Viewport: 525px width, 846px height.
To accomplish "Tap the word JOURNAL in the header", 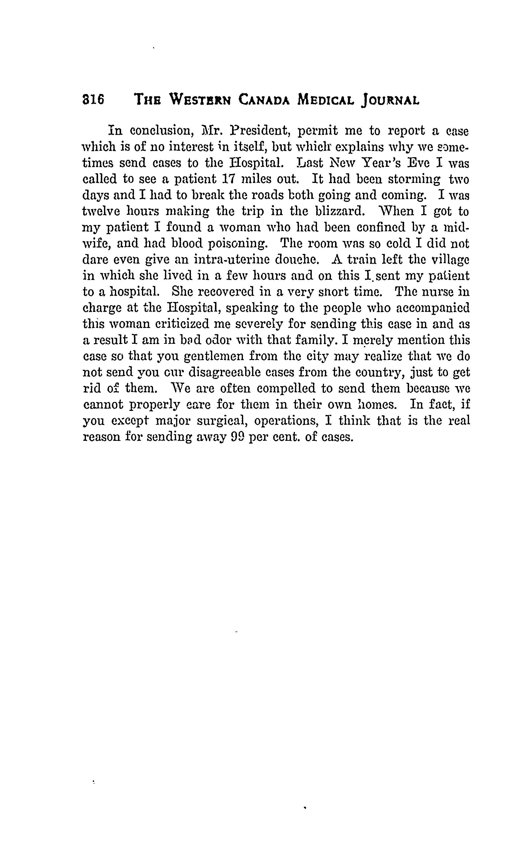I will (x=390, y=101).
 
